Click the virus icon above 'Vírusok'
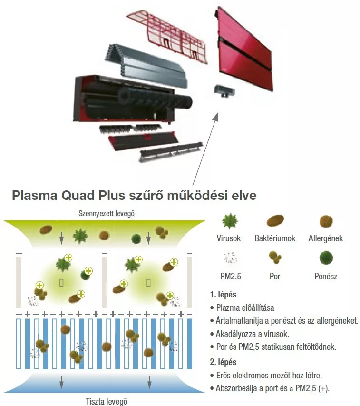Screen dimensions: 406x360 pyautogui.click(x=231, y=221)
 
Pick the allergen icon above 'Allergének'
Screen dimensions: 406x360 pyautogui.click(x=326, y=221)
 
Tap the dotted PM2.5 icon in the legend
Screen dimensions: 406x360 pyautogui.click(x=230, y=258)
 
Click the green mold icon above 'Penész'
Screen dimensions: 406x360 pyautogui.click(x=326, y=258)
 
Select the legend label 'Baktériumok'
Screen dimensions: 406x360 pyautogui.click(x=275, y=238)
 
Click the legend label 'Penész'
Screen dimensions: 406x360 pyautogui.click(x=326, y=276)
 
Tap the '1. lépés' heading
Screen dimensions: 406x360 pyautogui.click(x=223, y=295)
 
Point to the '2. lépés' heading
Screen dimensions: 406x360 pyautogui.click(x=223, y=362)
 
